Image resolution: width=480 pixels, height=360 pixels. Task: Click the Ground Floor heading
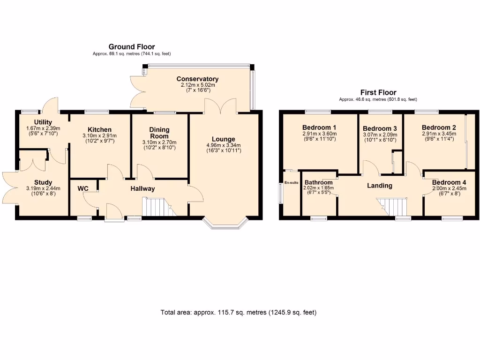click(131, 46)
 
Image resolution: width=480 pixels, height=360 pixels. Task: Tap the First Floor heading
click(378, 92)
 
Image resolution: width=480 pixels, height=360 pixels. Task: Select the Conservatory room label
click(197, 79)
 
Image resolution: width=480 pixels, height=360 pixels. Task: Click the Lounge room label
click(223, 139)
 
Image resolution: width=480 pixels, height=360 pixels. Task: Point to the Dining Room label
click(159, 133)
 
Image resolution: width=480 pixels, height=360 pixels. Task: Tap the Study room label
click(43, 182)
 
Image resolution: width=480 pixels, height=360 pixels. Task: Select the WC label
click(83, 188)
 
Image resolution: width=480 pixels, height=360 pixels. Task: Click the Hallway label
click(142, 188)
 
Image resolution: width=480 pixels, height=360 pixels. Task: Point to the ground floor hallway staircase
click(157, 207)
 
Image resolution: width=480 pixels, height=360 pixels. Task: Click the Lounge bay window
click(226, 225)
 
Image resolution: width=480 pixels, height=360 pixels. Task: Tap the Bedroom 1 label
click(319, 127)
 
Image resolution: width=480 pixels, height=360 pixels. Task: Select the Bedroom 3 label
click(380, 128)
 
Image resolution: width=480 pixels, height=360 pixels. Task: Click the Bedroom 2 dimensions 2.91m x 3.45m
click(438, 134)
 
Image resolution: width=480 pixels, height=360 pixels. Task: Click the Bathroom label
click(318, 182)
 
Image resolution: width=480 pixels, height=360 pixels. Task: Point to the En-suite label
click(291, 183)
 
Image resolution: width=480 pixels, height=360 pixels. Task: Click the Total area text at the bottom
click(239, 312)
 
